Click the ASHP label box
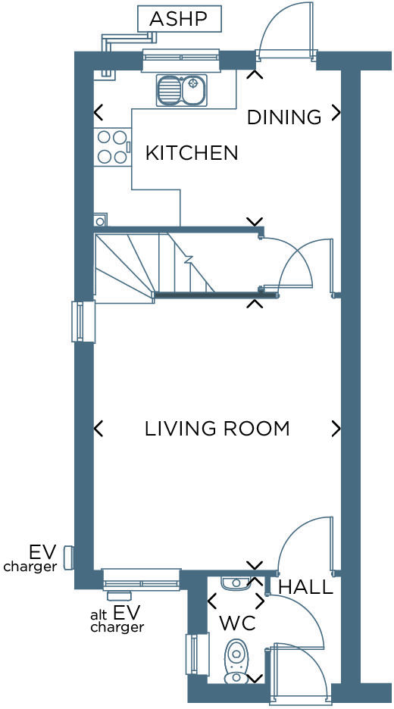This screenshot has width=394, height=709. [179, 19]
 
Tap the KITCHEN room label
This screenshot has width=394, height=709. [192, 153]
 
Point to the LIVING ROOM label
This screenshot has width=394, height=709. [217, 429]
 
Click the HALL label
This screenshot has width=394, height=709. [305, 587]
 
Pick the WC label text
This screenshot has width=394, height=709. [237, 623]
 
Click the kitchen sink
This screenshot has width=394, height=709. [181, 90]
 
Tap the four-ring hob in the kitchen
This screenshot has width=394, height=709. [111, 147]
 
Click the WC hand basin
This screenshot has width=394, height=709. [236, 583]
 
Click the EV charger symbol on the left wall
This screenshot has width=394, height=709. [68, 558]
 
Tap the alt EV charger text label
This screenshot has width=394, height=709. [116, 619]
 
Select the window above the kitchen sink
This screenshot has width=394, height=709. [180, 60]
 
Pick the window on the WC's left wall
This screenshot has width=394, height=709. [197, 654]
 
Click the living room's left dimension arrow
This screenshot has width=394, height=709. [98, 429]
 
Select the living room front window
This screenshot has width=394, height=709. [142, 579]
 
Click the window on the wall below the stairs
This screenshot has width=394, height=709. [83, 321]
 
